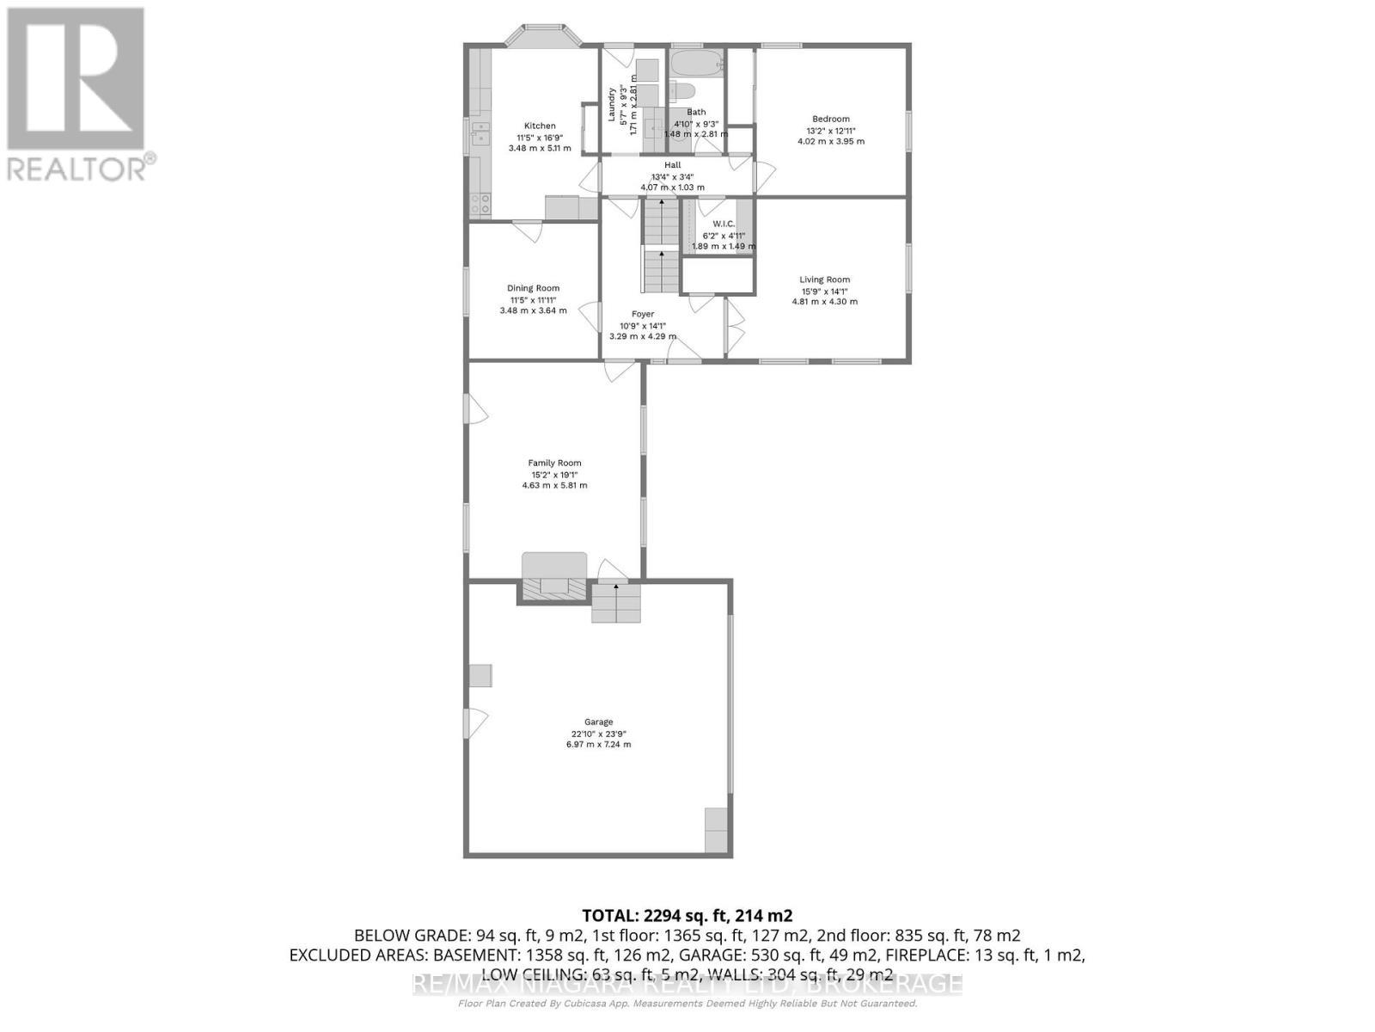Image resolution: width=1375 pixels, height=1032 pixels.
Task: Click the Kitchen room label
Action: [540, 126]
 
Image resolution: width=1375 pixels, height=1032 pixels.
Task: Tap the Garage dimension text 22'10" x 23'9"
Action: [598, 734]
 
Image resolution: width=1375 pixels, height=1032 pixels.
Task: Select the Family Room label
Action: [554, 463]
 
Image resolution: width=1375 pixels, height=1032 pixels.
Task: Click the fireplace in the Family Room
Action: [554, 585]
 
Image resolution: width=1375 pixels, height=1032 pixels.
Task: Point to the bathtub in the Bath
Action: [697, 63]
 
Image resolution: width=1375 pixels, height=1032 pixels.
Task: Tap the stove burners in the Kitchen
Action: [480, 204]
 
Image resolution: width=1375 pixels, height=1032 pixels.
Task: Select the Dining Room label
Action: [533, 288]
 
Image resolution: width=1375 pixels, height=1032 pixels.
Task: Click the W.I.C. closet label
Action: [724, 224]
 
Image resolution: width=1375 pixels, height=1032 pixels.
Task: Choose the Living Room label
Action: [824, 279]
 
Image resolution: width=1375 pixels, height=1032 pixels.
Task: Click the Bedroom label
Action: [830, 119]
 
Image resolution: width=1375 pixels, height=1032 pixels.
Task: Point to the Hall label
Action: [672, 165]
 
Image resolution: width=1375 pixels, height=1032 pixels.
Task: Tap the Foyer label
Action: [642, 314]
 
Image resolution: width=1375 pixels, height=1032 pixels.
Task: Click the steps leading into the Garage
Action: [616, 602]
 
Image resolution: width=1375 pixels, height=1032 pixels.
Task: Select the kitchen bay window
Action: [542, 35]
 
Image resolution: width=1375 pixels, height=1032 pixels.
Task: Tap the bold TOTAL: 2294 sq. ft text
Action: [687, 915]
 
